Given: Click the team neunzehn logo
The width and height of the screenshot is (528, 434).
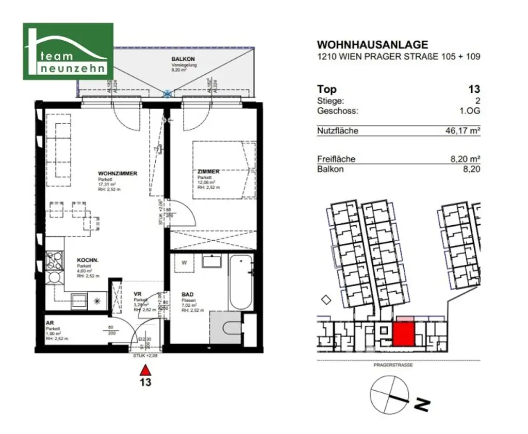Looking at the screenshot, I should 68,51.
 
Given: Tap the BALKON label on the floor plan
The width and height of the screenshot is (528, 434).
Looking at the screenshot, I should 183,59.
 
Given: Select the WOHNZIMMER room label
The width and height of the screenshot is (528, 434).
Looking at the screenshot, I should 118,174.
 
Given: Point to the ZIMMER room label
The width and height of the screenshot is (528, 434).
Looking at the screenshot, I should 208,172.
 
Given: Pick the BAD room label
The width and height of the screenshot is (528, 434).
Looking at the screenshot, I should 187,295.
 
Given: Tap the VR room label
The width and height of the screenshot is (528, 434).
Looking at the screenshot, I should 137,294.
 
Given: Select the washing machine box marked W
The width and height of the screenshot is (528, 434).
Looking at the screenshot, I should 184,262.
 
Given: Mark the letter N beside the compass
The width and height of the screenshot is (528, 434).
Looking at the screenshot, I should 422,406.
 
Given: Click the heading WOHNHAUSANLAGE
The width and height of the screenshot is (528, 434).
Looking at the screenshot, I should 372,45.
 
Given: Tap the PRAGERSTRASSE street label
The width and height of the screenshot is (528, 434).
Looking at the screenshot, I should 393,365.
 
